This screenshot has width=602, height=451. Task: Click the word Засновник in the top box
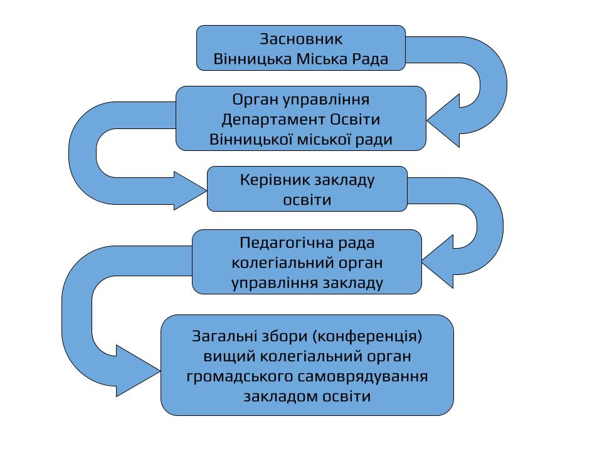point(301,39)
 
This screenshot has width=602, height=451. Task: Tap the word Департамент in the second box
point(274,119)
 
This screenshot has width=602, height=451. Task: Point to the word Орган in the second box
point(254,100)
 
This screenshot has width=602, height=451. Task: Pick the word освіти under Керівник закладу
point(307,200)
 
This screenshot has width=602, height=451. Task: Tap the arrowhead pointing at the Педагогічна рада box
point(439,259)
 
